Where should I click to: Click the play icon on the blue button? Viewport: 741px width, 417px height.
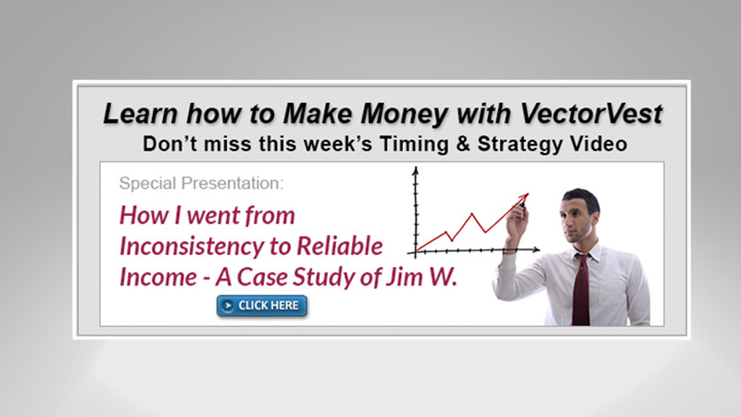coord(228,305)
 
